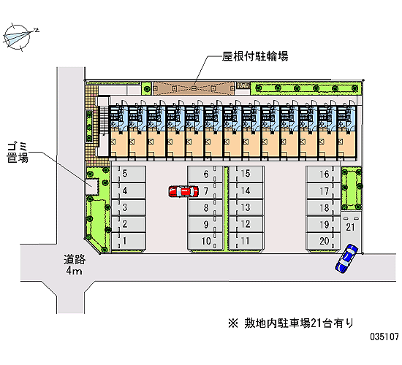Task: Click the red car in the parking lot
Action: point(183,191)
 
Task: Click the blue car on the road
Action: point(346,258)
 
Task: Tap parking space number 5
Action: point(129,174)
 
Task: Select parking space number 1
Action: point(129,241)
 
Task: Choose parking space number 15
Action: point(246,174)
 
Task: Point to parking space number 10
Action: point(205,241)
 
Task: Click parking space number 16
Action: point(324,174)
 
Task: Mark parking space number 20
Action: point(324,241)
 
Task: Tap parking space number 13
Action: point(246,207)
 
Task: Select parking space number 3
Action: point(129,207)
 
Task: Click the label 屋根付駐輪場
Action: point(255,56)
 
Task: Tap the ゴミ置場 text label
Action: point(18,153)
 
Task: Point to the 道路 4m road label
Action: point(75,264)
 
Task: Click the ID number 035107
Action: point(384,337)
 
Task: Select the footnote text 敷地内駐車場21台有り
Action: point(299,323)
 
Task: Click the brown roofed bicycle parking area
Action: point(194,88)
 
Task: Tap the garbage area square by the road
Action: point(92,186)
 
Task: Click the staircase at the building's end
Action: point(103,121)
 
